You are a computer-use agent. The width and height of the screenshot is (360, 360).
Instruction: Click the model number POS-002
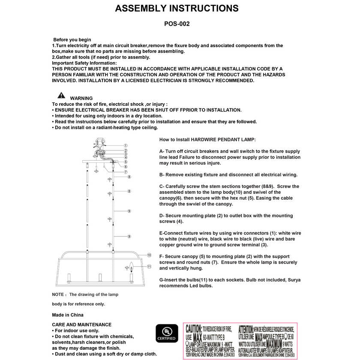[177, 24]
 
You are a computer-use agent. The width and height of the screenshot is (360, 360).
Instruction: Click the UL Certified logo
[166, 333]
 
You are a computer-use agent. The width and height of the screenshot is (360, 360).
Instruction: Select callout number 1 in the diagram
[126, 146]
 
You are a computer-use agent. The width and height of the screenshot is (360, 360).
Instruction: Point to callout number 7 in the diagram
[126, 172]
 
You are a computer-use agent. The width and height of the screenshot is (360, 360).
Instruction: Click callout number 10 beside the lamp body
[149, 255]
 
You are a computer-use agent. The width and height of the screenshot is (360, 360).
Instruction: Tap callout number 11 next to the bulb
[149, 266]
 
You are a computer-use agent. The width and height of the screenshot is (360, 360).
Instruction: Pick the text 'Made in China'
[68, 315]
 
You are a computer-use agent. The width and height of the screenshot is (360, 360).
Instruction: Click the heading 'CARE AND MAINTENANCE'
[81, 324]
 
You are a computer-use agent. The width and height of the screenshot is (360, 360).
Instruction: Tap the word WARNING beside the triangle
[81, 98]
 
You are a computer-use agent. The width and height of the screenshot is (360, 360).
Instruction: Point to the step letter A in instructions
[161, 152]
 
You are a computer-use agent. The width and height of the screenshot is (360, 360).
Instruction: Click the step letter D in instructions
[161, 216]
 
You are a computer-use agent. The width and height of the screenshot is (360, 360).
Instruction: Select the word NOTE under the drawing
[58, 294]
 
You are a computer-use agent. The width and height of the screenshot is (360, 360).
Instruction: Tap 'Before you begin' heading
[72, 40]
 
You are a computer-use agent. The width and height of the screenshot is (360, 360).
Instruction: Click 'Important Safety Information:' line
[84, 63]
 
